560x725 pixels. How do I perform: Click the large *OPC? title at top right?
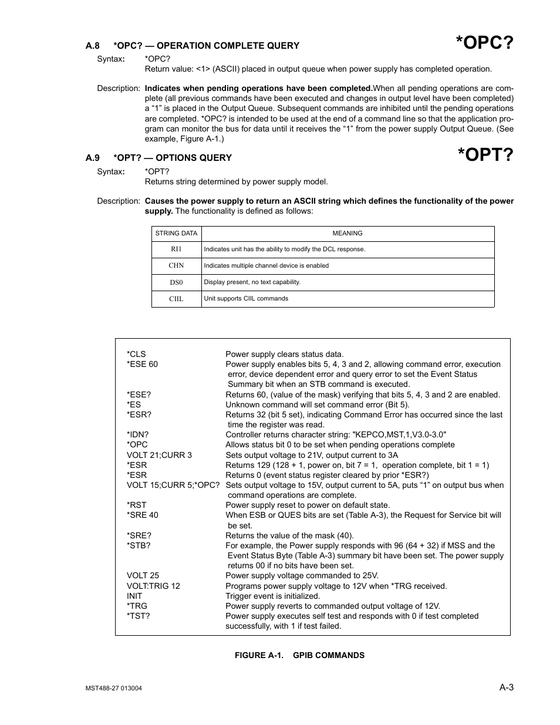485,43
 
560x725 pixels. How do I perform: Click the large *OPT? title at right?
485,155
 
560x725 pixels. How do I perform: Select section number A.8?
93,46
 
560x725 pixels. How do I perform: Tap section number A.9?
93,158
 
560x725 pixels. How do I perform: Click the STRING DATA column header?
176,234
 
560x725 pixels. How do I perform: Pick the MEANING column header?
348,234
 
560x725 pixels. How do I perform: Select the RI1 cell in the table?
176,249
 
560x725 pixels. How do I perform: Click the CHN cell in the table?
176,266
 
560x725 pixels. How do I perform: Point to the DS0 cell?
176,282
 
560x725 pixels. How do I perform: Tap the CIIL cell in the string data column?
176,299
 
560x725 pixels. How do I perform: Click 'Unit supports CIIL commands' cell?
246,299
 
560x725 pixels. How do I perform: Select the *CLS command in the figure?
136,355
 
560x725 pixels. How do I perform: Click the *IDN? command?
138,435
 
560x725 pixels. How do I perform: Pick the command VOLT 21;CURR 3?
159,455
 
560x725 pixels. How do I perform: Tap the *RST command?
137,505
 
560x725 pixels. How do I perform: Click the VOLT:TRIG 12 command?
153,586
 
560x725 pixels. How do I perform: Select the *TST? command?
139,616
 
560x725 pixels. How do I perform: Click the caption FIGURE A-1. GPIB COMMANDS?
299,655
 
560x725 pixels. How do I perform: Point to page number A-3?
507,687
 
